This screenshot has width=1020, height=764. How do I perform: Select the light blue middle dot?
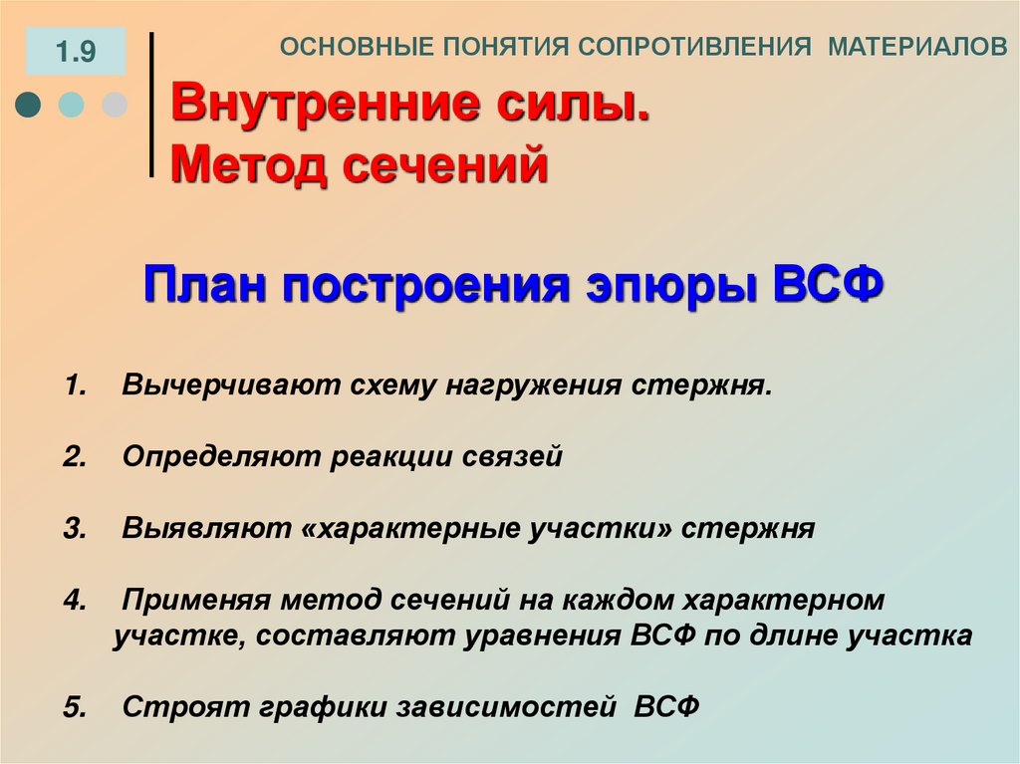[72, 105]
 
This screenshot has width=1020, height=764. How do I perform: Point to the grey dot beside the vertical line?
[115, 105]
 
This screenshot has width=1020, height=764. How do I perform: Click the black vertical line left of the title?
[151, 105]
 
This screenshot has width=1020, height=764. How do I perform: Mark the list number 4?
[74, 601]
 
